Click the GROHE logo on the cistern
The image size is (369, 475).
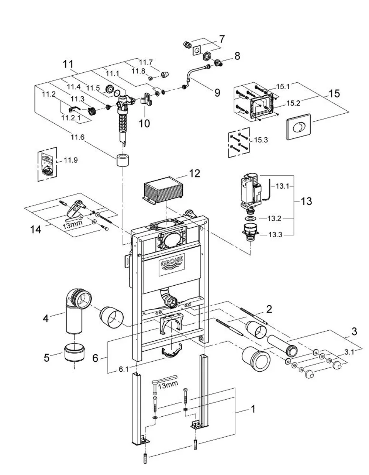[x=172, y=265]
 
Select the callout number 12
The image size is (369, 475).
[x=194, y=174]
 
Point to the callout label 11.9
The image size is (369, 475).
[x=70, y=160]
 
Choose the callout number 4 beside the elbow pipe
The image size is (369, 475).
[x=45, y=319]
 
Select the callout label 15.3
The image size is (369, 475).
[x=261, y=140]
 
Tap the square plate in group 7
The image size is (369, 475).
[x=197, y=51]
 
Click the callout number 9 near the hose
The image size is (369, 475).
[x=217, y=93]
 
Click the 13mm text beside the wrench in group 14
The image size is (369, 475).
[x=73, y=224]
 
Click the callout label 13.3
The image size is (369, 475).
[x=275, y=235]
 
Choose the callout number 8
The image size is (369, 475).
[x=238, y=56]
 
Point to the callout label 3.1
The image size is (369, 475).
[x=349, y=352]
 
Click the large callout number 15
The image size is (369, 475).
[x=334, y=93]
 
